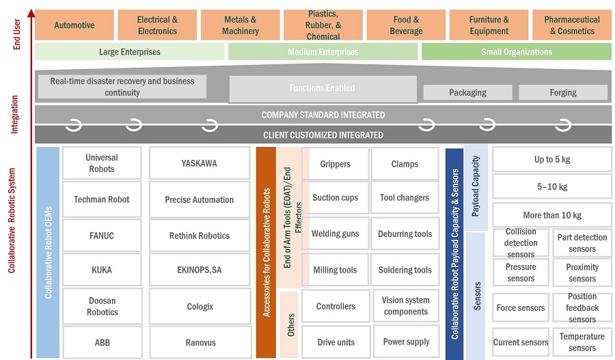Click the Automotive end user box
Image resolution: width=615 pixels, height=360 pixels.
pyautogui.click(x=74, y=25)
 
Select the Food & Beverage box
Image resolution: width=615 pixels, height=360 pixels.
pyautogui.click(x=406, y=25)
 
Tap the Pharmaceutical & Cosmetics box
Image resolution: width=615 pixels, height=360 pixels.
pyautogui.click(x=571, y=25)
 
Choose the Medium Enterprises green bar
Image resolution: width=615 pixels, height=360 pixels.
pyautogui.click(x=323, y=52)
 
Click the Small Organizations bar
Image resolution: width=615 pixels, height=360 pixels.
pyautogui.click(x=516, y=52)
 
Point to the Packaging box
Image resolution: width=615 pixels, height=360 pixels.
pyautogui.click(x=467, y=92)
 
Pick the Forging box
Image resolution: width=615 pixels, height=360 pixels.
pyautogui.click(x=562, y=92)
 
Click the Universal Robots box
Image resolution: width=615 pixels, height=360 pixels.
pyautogui.click(x=102, y=163)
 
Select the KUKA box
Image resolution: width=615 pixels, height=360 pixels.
pyautogui.click(x=102, y=270)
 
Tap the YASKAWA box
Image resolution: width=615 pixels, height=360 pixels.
pyautogui.click(x=200, y=163)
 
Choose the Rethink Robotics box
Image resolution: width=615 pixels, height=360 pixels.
pyautogui.click(x=200, y=236)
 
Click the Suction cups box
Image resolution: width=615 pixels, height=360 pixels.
pyautogui.click(x=335, y=197)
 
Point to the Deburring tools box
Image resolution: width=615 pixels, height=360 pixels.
pyautogui.click(x=405, y=234)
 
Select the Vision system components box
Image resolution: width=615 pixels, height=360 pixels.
pyautogui.click(x=406, y=305)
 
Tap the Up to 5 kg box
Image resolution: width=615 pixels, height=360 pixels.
pyautogui.click(x=552, y=159)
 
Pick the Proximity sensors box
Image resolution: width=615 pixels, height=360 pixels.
pyautogui.click(x=582, y=273)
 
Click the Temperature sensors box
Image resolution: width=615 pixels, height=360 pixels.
pyautogui.click(x=582, y=342)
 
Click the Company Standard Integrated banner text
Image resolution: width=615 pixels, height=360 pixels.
pyautogui.click(x=323, y=115)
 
